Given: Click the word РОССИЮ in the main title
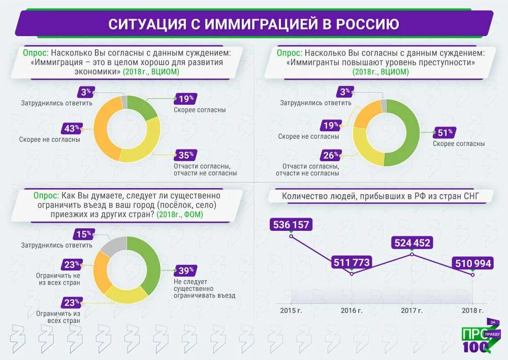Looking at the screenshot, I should point(367,24).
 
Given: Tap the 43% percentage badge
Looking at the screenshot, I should point(72,128).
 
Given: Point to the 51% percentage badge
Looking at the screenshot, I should point(444,133).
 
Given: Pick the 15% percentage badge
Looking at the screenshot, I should point(83,234).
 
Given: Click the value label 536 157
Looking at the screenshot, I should point(291,224).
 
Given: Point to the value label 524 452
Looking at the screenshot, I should point(411,243).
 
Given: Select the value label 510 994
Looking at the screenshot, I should point(472,263).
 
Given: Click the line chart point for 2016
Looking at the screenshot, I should point(352,274).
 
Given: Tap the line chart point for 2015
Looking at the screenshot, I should point(291,235).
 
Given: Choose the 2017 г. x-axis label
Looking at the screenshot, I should point(412,310).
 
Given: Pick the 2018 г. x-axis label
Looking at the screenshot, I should point(472,310).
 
